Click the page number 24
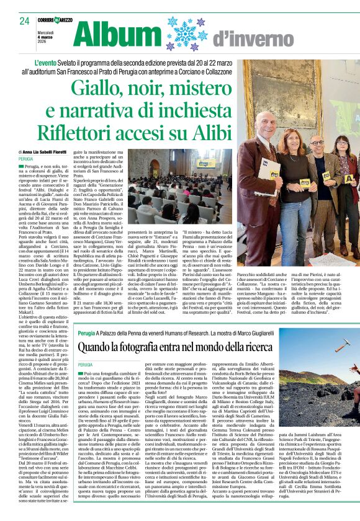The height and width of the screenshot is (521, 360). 25,21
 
